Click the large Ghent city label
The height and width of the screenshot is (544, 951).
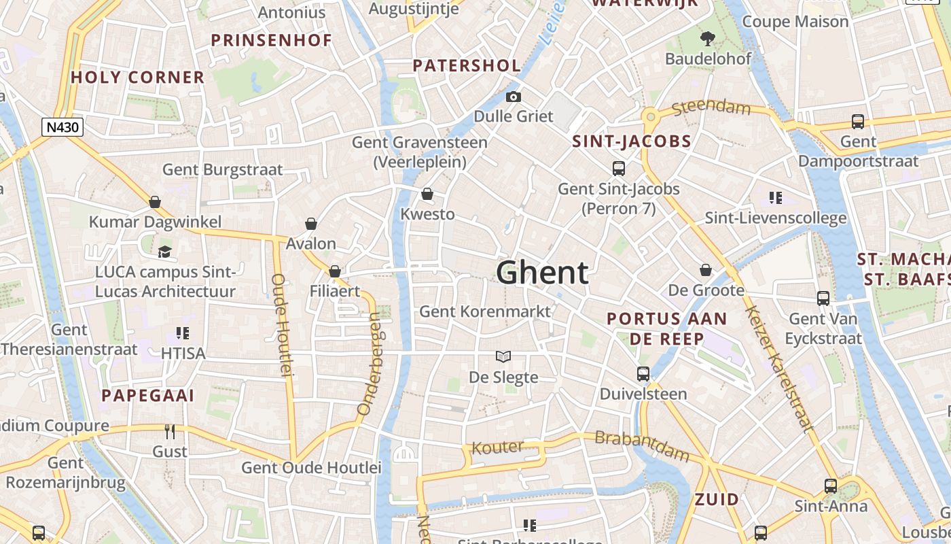pos(542,273)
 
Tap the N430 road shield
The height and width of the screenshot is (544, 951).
pos(62,127)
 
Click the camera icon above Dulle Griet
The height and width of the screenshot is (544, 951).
pos(514,97)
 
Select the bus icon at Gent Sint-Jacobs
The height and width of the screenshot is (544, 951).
pos(618,168)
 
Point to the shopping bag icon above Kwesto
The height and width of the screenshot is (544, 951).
pos(427,194)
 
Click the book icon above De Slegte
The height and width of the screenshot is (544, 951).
pos(503,356)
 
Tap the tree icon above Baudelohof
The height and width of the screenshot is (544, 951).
pos(708,38)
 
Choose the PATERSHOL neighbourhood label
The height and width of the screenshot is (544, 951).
pos(467,66)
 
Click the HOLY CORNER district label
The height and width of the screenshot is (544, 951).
pos(137,78)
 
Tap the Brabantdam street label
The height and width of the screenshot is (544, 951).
pos(641,445)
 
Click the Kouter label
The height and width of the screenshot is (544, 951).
pos(497,447)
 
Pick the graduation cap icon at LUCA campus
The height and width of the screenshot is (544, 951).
pos(165,252)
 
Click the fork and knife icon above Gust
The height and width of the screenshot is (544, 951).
pos(170,431)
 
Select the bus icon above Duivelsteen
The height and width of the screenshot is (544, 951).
pos(643,373)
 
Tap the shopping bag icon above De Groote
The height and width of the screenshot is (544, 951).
pos(706,270)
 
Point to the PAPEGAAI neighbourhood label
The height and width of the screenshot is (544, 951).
pos(148,396)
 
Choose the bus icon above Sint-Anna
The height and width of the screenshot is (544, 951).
pos(831,486)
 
